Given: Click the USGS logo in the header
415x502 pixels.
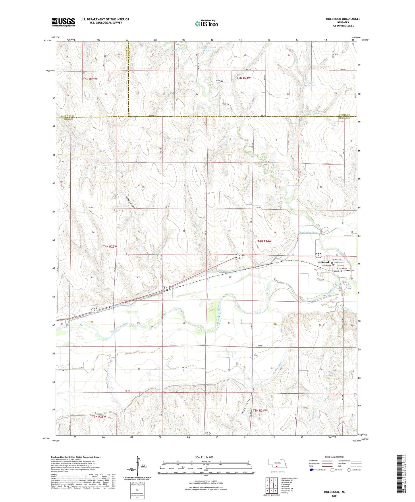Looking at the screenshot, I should [63, 22].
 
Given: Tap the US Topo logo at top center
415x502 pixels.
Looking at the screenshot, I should [206, 24].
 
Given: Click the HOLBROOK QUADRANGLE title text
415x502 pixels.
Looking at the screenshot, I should [343, 19].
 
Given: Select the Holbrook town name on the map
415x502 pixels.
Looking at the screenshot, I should [324, 263].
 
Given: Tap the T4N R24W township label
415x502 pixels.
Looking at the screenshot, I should [264, 242].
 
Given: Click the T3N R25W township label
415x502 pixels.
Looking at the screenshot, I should [99, 416].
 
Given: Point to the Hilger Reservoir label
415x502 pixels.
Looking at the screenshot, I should [310, 84].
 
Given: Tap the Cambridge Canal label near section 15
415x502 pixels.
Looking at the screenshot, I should [309, 232].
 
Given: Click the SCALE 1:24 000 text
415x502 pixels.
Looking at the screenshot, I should [204, 457].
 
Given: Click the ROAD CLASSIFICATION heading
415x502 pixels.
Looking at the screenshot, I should [335, 457].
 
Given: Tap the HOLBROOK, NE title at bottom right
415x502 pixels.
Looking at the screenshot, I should [335, 492].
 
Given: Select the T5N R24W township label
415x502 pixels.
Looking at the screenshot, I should [244, 78].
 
